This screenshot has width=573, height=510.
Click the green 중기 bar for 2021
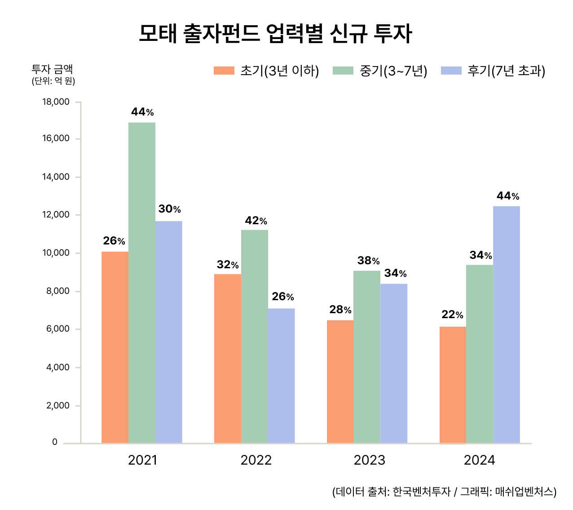(x=142, y=283)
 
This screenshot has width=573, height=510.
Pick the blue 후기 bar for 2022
(x=282, y=376)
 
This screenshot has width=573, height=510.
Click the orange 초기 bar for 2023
(x=340, y=381)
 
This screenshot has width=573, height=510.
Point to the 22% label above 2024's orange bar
(x=452, y=315)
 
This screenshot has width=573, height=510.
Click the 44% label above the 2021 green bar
(x=142, y=112)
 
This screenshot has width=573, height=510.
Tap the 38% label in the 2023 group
(x=368, y=261)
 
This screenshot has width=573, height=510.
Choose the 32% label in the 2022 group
(x=228, y=265)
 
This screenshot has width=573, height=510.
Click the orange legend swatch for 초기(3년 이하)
(x=224, y=71)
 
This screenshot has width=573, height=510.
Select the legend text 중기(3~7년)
(x=393, y=71)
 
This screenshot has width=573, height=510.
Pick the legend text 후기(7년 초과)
(x=506, y=71)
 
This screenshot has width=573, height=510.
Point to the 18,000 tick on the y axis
(x=56, y=102)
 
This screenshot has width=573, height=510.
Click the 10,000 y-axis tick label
(x=56, y=253)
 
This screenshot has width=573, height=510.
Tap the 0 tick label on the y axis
(x=55, y=442)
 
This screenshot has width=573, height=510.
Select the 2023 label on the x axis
(x=369, y=460)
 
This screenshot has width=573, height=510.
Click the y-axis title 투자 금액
(x=52, y=69)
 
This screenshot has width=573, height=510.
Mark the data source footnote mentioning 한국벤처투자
(x=444, y=492)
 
